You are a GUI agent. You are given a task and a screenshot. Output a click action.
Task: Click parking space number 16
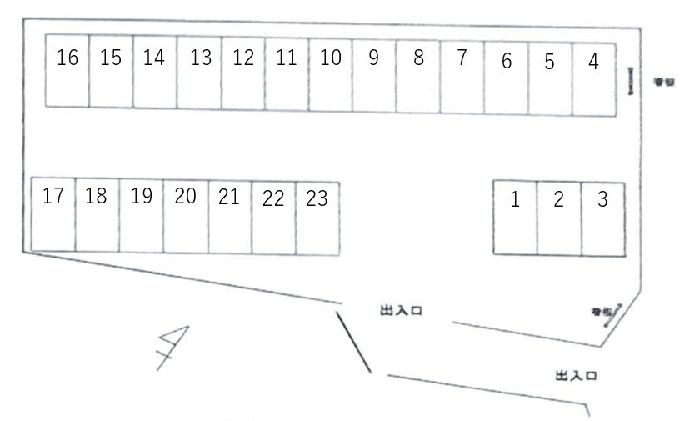tap(67, 71)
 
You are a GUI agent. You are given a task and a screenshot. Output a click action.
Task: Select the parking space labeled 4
tap(593, 79)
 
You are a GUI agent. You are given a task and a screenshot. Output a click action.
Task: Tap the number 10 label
tap(331, 58)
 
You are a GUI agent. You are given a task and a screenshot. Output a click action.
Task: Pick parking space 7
tap(462, 77)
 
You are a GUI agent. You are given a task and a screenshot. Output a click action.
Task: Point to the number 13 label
tap(200, 58)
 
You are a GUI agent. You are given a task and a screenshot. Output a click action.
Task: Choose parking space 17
tap(53, 214)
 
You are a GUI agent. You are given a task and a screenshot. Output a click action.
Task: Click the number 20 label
tap(185, 197)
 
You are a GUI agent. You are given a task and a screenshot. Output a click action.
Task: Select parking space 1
tap(515, 218)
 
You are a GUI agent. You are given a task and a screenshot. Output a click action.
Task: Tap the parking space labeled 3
tap(602, 218)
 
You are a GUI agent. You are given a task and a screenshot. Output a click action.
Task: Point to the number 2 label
tap(559, 200)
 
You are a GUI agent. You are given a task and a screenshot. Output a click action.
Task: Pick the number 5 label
tap(549, 62)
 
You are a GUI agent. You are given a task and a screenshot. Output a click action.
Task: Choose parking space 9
tap(374, 75)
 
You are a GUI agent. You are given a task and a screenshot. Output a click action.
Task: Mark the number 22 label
tap(273, 199)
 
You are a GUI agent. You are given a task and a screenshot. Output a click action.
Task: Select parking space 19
tap(141, 215)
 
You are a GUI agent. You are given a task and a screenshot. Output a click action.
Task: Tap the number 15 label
tap(111, 58)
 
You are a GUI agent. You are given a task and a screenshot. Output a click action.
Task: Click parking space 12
tap(243, 73)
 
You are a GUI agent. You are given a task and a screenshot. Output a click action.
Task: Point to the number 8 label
tap(418, 58)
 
